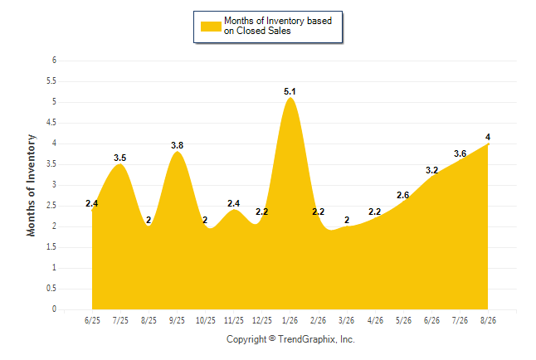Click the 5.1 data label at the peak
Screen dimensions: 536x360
[290, 91]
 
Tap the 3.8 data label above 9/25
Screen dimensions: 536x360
[177, 145]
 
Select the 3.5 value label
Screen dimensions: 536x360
[120, 158]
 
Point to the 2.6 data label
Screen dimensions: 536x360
[402, 195]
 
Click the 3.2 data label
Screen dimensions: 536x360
[431, 170]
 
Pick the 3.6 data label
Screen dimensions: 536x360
[460, 153]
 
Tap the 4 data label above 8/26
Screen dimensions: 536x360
[488, 137]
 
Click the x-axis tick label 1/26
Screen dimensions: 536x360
[290, 320]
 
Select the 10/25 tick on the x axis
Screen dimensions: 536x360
[206, 320]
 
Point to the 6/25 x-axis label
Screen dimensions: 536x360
[92, 320]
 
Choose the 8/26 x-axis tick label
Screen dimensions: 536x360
[488, 320]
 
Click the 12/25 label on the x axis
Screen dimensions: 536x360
[262, 320]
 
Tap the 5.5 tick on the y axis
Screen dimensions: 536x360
[51, 81]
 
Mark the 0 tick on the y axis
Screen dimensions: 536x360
[54, 309]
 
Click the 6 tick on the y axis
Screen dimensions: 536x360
[54, 61]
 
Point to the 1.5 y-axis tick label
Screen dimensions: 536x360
[51, 247]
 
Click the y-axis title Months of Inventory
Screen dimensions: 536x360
[31, 185]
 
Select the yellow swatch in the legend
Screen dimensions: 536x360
[211, 27]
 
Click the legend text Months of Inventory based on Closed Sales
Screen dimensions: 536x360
[278, 26]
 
